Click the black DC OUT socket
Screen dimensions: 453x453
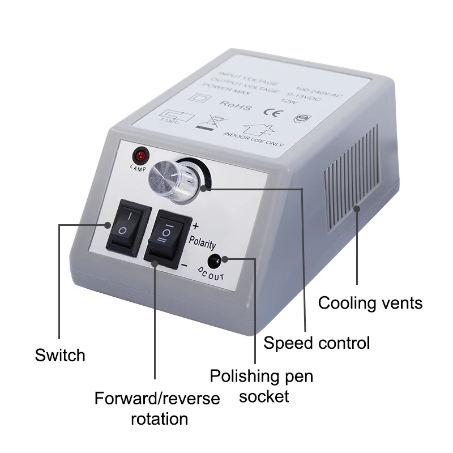click(x=215, y=261)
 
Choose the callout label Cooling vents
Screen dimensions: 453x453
click(x=370, y=303)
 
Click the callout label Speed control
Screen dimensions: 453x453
click(x=317, y=343)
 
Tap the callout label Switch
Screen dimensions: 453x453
click(x=60, y=356)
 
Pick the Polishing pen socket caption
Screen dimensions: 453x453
click(x=262, y=386)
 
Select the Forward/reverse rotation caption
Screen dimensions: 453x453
click(x=157, y=408)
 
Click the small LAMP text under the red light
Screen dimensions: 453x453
click(x=138, y=168)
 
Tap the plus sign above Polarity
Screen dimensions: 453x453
click(x=196, y=225)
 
